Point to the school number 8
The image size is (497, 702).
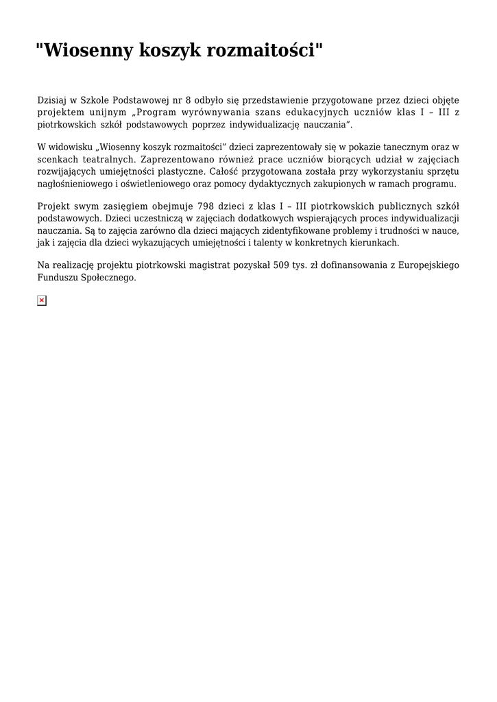(x=189, y=100)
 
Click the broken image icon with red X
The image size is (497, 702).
(x=42, y=300)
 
